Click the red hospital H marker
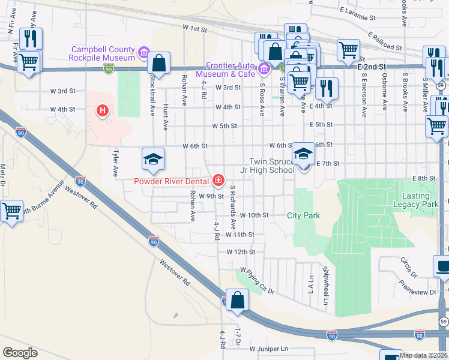(103, 111)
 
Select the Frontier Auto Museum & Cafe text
(231, 70)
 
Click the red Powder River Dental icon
(218, 180)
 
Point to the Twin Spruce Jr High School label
(272, 166)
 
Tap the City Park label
(303, 215)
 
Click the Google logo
(20, 353)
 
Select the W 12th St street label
(241, 252)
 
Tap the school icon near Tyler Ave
(152, 159)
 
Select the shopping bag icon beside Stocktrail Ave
(159, 62)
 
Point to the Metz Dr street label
(3, 175)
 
